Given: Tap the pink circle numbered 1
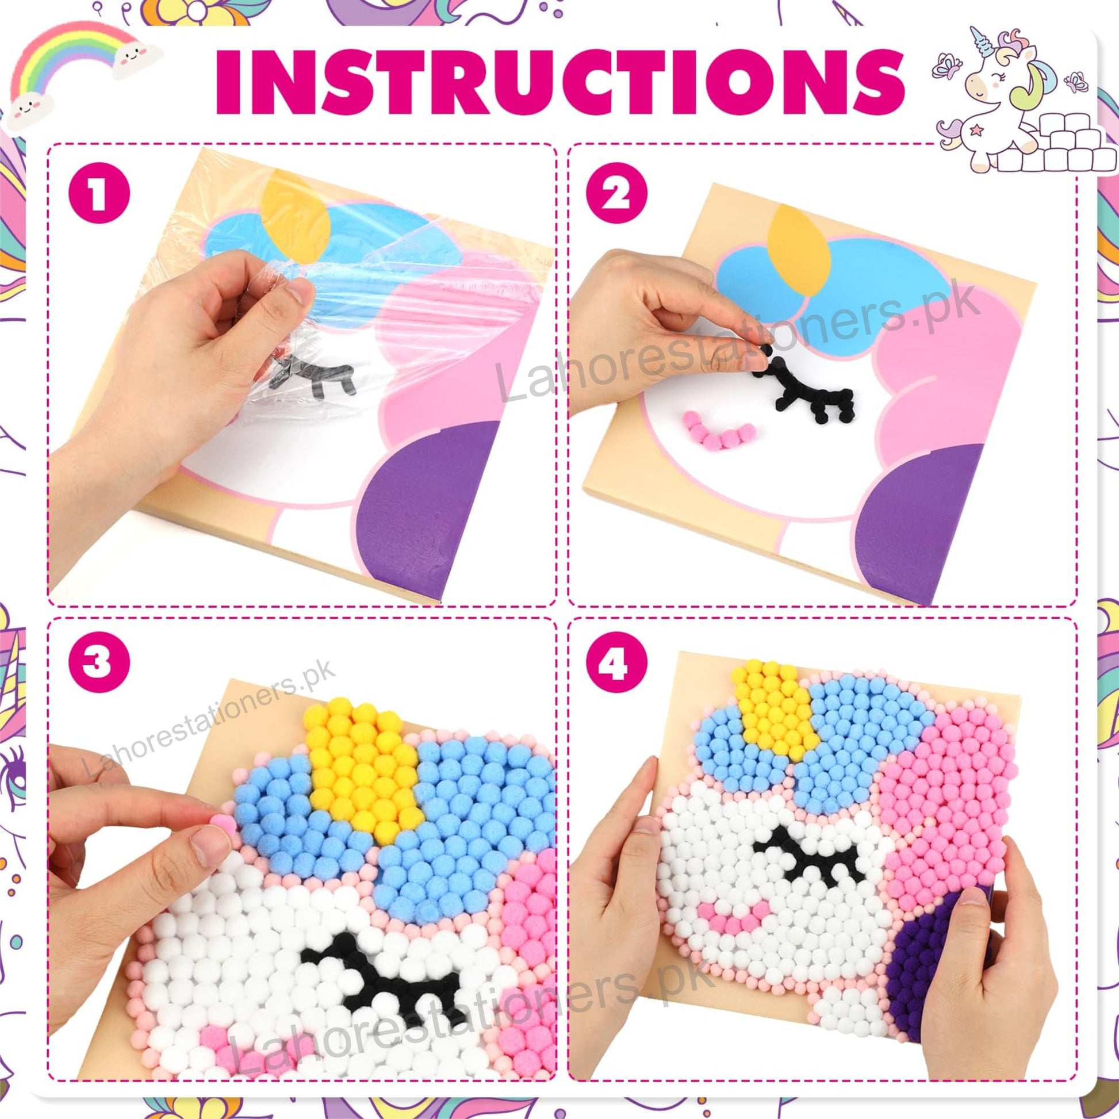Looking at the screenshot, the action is [x=99, y=193].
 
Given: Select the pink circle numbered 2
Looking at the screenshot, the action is [x=616, y=193].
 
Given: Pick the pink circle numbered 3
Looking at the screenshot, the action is [x=99, y=662].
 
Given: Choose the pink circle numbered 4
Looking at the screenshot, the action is [x=616, y=662].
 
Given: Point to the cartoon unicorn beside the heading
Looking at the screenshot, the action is [x=1008, y=98].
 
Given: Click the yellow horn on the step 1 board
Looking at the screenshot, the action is [x=296, y=214].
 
